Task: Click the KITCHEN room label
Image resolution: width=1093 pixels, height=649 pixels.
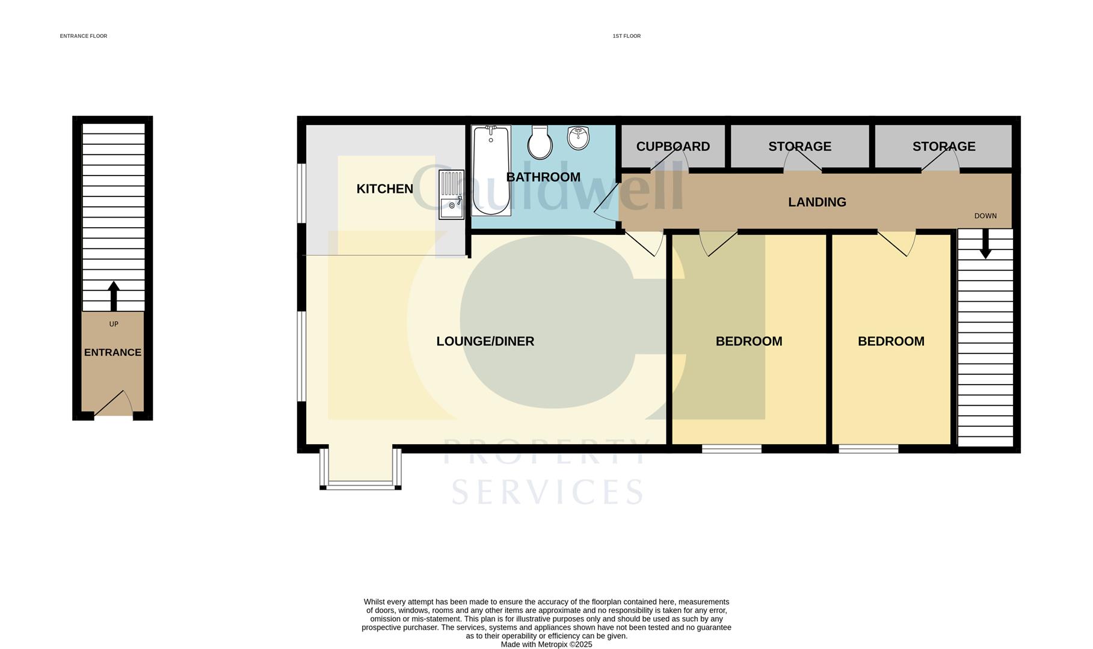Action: click(384, 189)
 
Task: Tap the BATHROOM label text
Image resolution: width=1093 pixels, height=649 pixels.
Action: click(543, 177)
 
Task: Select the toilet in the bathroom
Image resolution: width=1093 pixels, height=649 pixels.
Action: click(540, 143)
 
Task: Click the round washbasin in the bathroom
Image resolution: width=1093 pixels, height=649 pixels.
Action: click(577, 138)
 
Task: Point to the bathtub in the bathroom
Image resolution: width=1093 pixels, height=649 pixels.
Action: click(491, 170)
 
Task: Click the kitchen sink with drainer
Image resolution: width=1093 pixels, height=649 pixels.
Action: click(451, 194)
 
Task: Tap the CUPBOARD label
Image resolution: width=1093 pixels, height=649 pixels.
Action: click(673, 147)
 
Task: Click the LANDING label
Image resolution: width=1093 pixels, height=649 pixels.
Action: click(816, 203)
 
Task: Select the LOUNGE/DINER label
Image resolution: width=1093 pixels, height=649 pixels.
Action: click(485, 341)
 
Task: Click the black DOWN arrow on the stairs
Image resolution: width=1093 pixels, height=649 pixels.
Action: click(985, 244)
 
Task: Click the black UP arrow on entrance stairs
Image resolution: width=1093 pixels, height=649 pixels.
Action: click(113, 295)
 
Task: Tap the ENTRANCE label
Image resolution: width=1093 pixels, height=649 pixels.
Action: click(112, 353)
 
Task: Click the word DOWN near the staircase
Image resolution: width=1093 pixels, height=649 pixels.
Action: click(985, 216)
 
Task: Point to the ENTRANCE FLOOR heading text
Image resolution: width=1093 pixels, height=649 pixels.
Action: click(84, 36)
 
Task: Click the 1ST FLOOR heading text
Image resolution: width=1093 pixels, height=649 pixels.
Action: click(626, 36)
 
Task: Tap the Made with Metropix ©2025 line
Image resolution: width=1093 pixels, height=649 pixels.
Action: click(546, 644)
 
